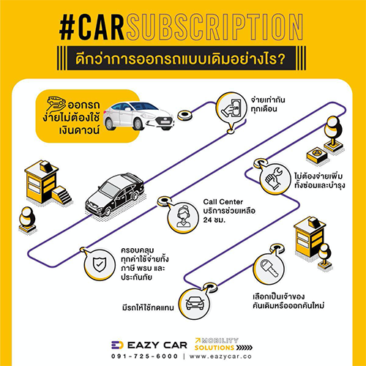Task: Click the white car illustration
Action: pyautogui.click(x=138, y=116)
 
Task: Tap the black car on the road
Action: pyautogui.click(x=115, y=195)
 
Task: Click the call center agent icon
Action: pyautogui.click(x=183, y=217)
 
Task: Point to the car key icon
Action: pyautogui.click(x=269, y=268)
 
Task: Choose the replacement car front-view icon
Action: pyautogui.click(x=195, y=303)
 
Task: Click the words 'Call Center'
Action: pyautogui.click(x=223, y=202)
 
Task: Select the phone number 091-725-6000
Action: pyautogui.click(x=144, y=356)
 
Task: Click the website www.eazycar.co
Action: pyautogui.click(x=220, y=356)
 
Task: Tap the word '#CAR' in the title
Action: pyautogui.click(x=91, y=27)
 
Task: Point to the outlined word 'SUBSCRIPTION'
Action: pyautogui.click(x=214, y=27)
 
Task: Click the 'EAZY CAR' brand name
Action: pyautogui.click(x=157, y=345)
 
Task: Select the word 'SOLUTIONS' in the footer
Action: pyautogui.click(x=214, y=348)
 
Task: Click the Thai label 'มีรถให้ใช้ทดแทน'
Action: pyautogui.click(x=148, y=307)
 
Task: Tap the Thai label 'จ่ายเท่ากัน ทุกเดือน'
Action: pyautogui.click(x=268, y=104)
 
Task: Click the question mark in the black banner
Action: pyautogui.click(x=281, y=59)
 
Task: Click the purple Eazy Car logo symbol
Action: pyautogui.click(x=117, y=345)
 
